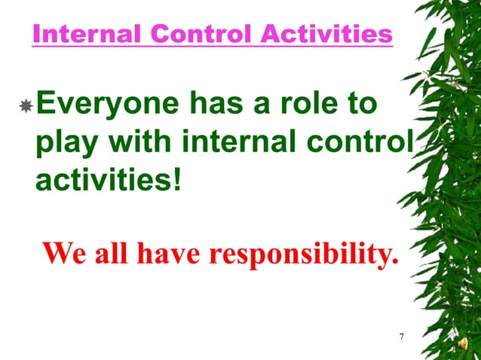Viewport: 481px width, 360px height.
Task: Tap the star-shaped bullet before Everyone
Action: [x=25, y=107]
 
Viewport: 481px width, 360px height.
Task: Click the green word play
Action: [x=65, y=144]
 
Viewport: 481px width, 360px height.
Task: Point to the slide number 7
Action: [x=402, y=336]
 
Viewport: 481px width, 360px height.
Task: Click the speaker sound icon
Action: [x=462, y=344]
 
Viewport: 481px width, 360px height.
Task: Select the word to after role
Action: [x=360, y=105]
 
